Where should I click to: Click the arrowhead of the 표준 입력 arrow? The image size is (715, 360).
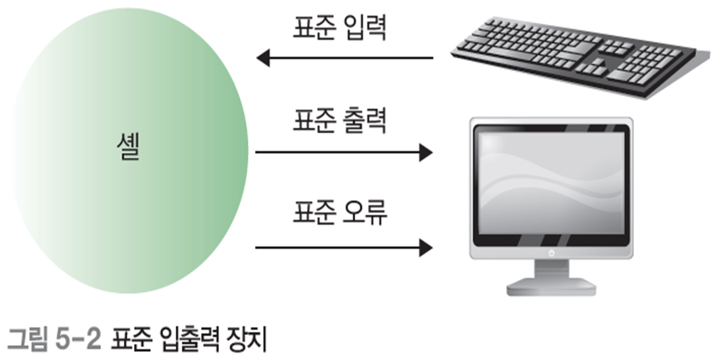pos(264,58)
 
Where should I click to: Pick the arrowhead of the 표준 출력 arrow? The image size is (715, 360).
pos(425,152)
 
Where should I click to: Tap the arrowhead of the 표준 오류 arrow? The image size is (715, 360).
pos(425,247)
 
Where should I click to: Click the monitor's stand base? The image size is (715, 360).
pos(551,288)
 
